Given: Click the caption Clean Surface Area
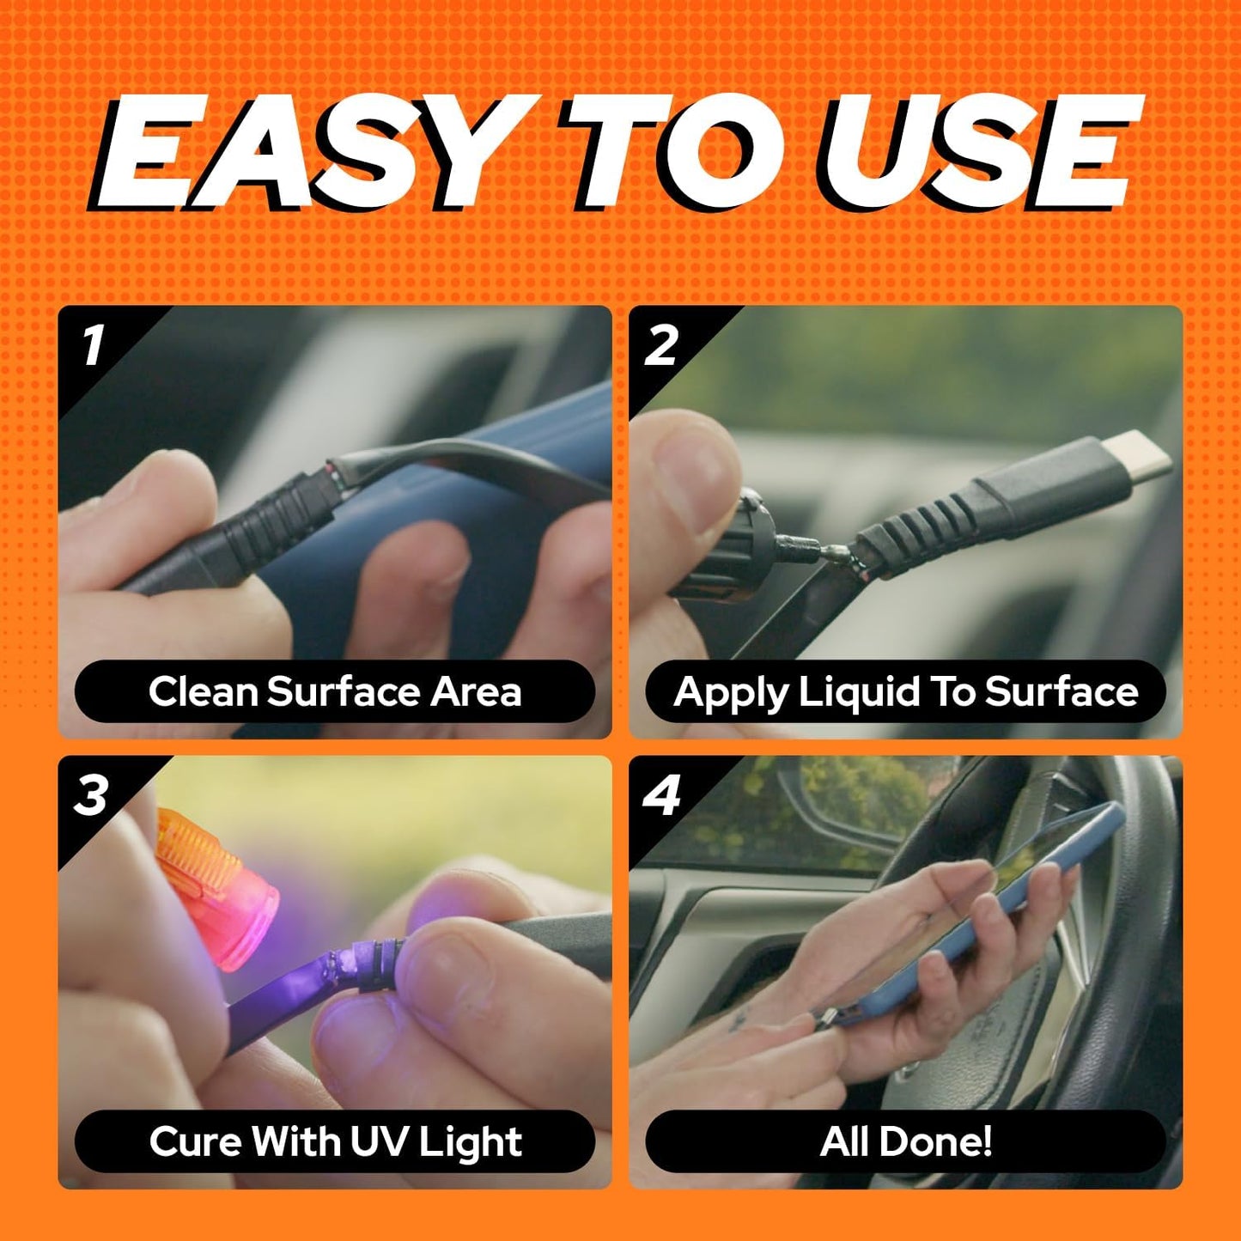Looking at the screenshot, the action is [x=335, y=691].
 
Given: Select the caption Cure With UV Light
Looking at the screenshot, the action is [x=336, y=1142].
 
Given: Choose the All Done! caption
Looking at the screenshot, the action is [x=906, y=1141].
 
